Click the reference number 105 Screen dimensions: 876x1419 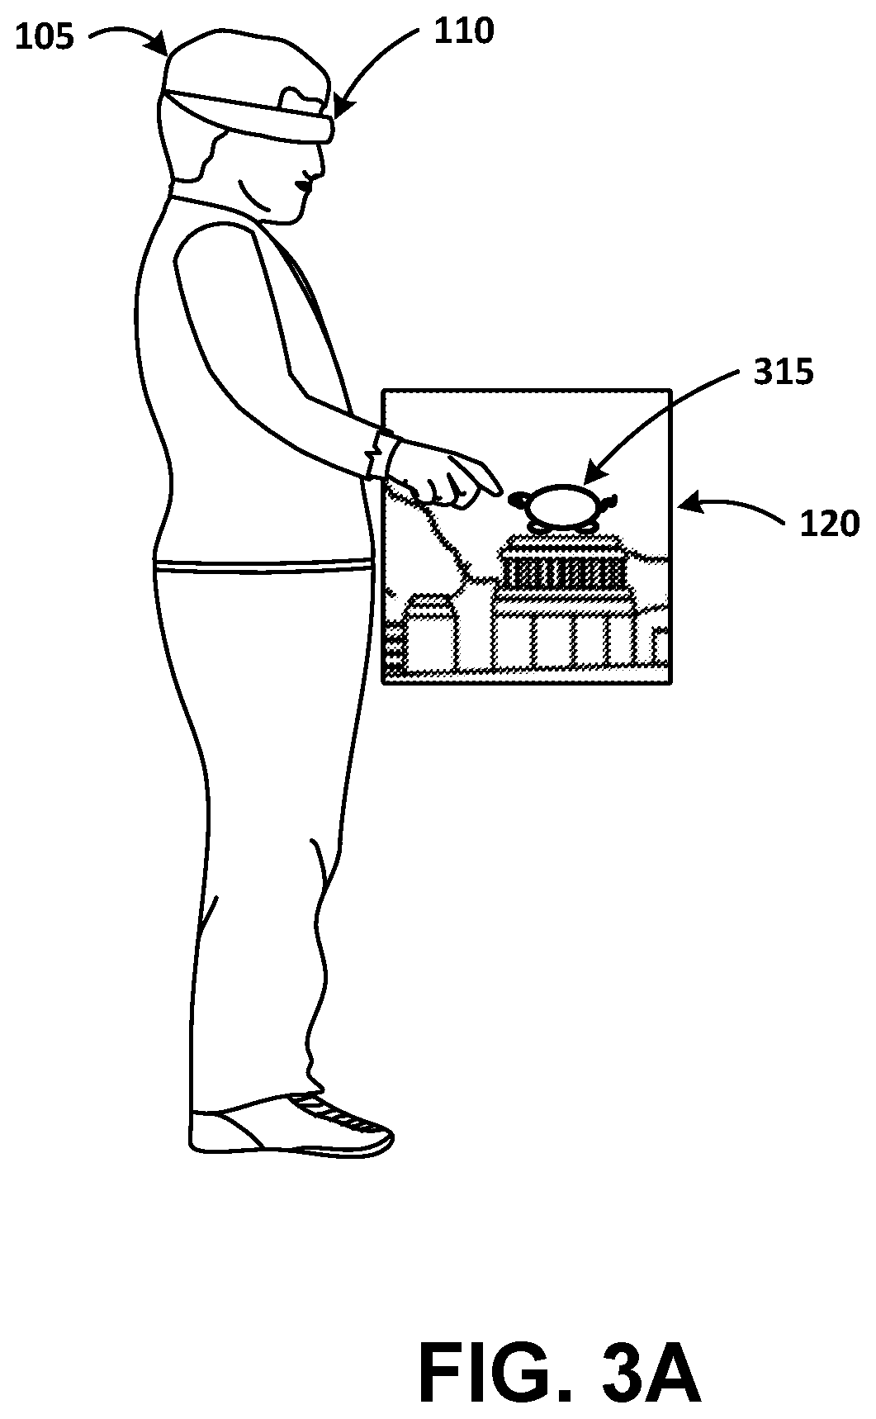click(45, 38)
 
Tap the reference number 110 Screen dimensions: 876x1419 click(463, 31)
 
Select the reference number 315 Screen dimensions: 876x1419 click(783, 373)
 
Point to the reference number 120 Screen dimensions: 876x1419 click(830, 524)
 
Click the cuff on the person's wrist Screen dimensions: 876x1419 click(381, 454)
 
